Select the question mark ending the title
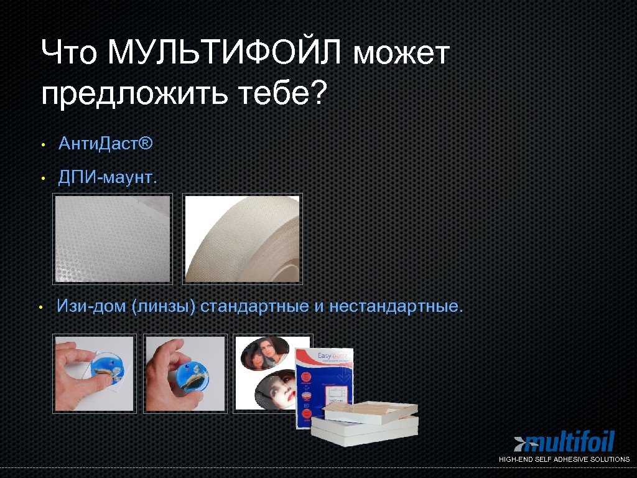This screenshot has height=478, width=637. (x=317, y=93)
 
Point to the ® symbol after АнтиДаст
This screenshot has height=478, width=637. (x=146, y=144)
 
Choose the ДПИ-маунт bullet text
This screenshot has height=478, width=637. (x=108, y=178)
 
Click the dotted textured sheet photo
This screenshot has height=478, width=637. (x=112, y=238)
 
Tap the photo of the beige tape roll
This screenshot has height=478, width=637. (x=243, y=238)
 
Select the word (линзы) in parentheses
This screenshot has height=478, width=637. (x=164, y=307)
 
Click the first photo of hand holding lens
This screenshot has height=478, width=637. (x=94, y=373)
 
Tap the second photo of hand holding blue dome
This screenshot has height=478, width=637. (x=184, y=373)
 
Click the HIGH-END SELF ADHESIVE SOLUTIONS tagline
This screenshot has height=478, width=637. (x=564, y=459)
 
